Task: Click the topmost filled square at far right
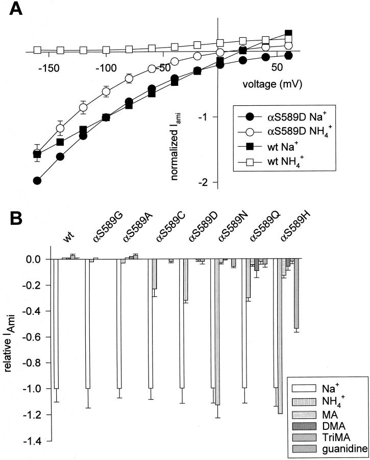(288, 33)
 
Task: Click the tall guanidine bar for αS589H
(296, 294)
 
